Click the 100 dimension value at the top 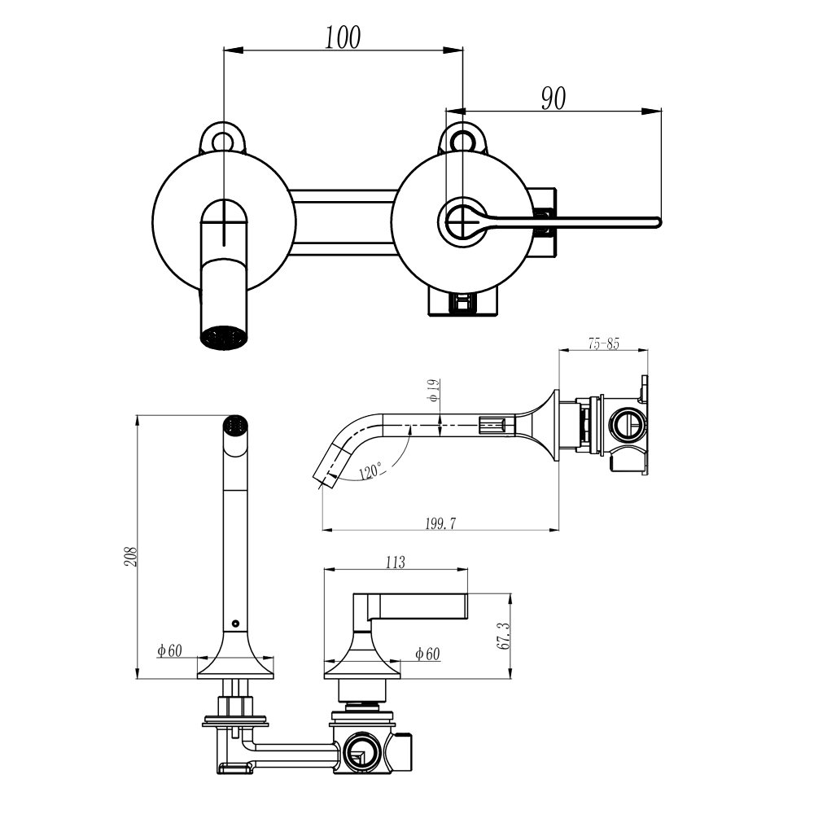pos(343,37)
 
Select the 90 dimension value pos(554,98)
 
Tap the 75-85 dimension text pos(603,344)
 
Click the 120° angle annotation pos(370,471)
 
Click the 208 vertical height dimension pos(131,556)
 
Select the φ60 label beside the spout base pos(170,650)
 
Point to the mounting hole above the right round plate pos(462,139)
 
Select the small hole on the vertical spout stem pos(235,624)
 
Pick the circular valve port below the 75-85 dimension pos(628,424)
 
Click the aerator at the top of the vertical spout pos(234,424)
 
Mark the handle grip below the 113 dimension pos(419,606)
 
